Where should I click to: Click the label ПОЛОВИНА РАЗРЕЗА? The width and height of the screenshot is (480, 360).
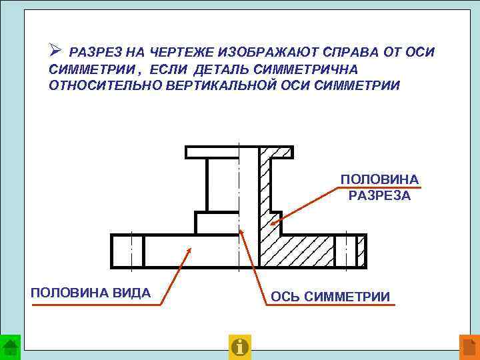pyautogui.click(x=379, y=187)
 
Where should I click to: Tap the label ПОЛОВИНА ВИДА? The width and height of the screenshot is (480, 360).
pyautogui.click(x=91, y=293)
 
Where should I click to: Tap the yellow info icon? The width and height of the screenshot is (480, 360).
pyautogui.click(x=239, y=346)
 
